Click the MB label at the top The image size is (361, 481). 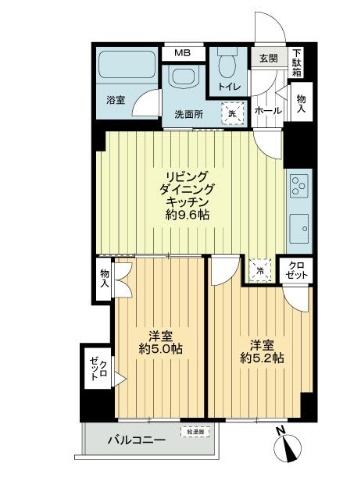(x=182, y=53)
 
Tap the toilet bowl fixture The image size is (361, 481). (x=229, y=64)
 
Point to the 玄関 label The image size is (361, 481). (x=267, y=58)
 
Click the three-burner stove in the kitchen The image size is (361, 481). (x=298, y=187)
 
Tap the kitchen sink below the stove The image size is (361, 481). (x=298, y=228)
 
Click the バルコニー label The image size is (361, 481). (x=136, y=440)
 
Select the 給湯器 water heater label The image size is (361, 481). (x=195, y=430)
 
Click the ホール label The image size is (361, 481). (x=267, y=111)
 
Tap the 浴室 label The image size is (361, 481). (x=116, y=99)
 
